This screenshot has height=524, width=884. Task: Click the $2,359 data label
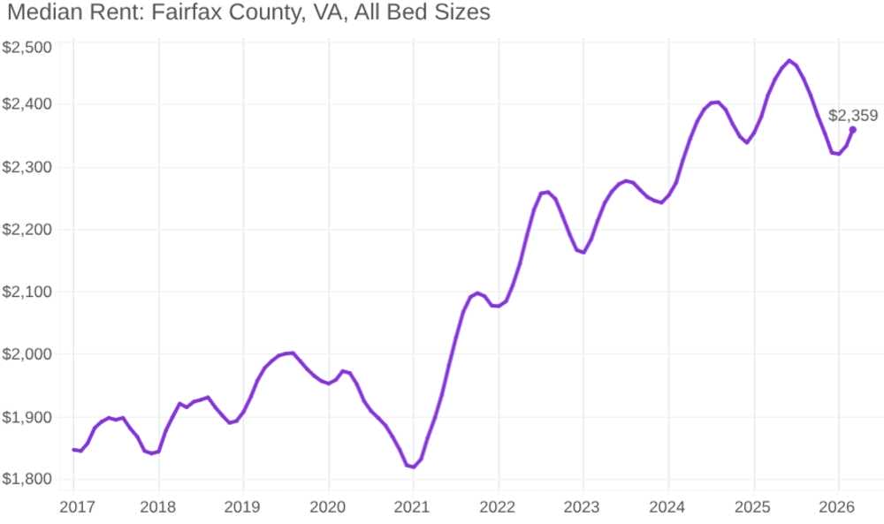click(853, 115)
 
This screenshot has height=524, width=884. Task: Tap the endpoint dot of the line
click(852, 130)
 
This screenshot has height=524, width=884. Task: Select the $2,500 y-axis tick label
click(27, 47)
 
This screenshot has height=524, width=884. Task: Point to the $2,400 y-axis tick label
click(27, 104)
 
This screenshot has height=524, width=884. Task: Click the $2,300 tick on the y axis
click(27, 167)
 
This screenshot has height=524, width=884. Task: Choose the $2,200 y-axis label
click(27, 230)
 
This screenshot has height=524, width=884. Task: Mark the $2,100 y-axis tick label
click(27, 292)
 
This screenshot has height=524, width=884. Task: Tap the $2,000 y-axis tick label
click(27, 354)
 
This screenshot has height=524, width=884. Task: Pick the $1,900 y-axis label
click(27, 417)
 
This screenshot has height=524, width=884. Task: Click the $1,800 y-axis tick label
click(27, 480)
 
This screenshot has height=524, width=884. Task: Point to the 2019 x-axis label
click(243, 507)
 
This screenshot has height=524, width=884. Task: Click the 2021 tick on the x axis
click(413, 507)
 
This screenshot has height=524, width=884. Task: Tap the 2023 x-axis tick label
click(583, 507)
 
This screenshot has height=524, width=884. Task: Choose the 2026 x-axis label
click(838, 507)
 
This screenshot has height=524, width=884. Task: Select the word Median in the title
click(41, 13)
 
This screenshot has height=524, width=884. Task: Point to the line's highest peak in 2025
click(789, 61)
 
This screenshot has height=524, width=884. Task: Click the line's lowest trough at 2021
click(413, 467)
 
